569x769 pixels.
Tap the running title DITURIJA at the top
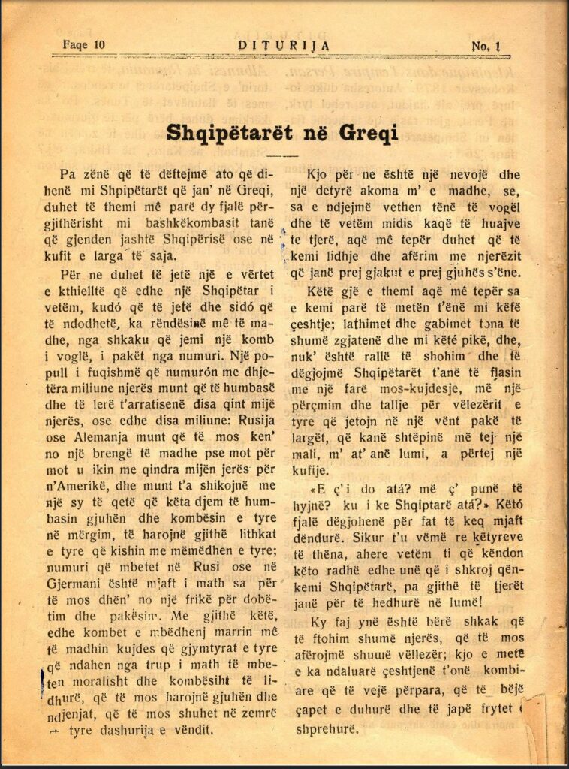pyautogui.click(x=283, y=44)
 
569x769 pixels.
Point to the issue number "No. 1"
pyautogui.click(x=486, y=46)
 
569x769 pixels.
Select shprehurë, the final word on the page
pyautogui.click(x=330, y=726)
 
